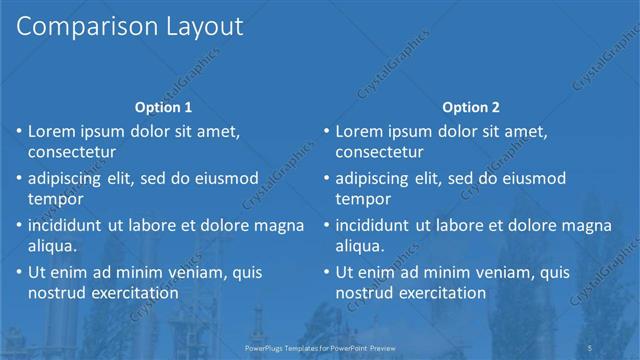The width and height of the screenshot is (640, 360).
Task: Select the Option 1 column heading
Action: pos(163,107)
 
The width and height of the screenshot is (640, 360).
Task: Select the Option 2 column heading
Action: pos(470,107)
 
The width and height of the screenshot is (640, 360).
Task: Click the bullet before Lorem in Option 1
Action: pos(19,131)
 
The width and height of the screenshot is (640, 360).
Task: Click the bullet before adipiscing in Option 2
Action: pos(326,178)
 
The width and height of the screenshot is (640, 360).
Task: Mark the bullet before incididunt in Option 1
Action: pos(19,225)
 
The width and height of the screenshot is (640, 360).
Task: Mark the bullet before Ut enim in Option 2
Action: pos(326,272)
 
